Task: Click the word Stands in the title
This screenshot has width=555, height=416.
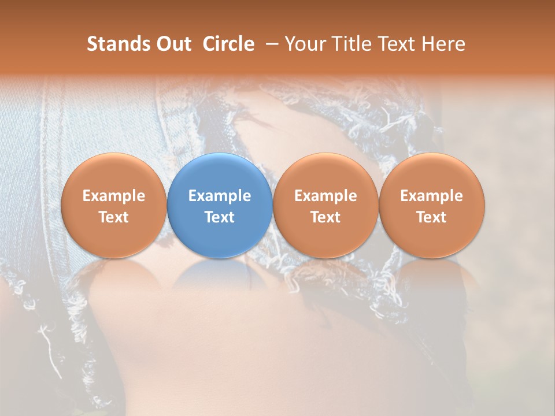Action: click(117, 44)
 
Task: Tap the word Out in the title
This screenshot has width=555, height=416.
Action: click(172, 44)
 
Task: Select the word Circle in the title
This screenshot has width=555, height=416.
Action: click(228, 44)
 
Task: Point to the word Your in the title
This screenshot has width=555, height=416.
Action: click(303, 44)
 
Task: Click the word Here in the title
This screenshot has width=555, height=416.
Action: click(442, 44)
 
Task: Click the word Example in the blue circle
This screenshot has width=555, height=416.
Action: click(220, 196)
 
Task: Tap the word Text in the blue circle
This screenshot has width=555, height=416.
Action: click(220, 217)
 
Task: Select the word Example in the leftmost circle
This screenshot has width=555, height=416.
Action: click(113, 196)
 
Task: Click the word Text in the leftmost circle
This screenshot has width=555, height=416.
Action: click(113, 217)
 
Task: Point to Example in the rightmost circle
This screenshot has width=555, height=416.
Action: click(431, 196)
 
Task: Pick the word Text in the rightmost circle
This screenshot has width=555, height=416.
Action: click(431, 217)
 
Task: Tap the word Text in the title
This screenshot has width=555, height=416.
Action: click(398, 44)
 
